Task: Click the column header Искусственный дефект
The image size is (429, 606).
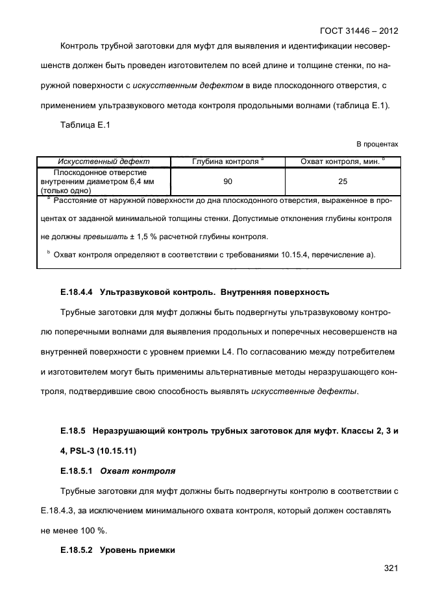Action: pyautogui.click(x=104, y=161)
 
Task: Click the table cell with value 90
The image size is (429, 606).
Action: pyautogui.click(x=228, y=182)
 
